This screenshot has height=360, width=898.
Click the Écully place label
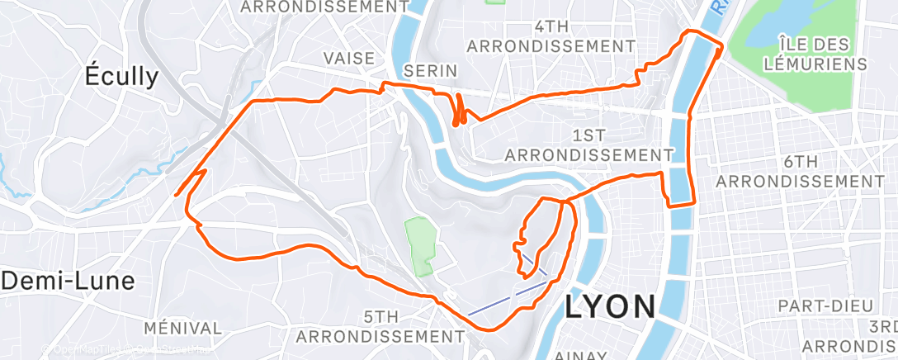pyautogui.click(x=122, y=77)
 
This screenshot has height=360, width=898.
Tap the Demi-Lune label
pyautogui.click(x=68, y=281)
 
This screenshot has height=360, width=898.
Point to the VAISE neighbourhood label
pyautogui.click(x=350, y=58)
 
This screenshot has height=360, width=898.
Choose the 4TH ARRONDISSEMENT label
pyautogui.click(x=551, y=36)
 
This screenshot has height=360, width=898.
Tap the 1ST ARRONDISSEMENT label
pyautogui.click(x=588, y=144)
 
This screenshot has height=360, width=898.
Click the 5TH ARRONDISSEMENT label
pyautogui.click(x=380, y=326)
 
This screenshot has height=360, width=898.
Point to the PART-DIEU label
pyautogui.click(x=816, y=306)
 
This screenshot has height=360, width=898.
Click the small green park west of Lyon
pyautogui.click(x=420, y=246)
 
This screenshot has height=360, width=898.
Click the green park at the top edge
pyautogui.click(x=495, y=2)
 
